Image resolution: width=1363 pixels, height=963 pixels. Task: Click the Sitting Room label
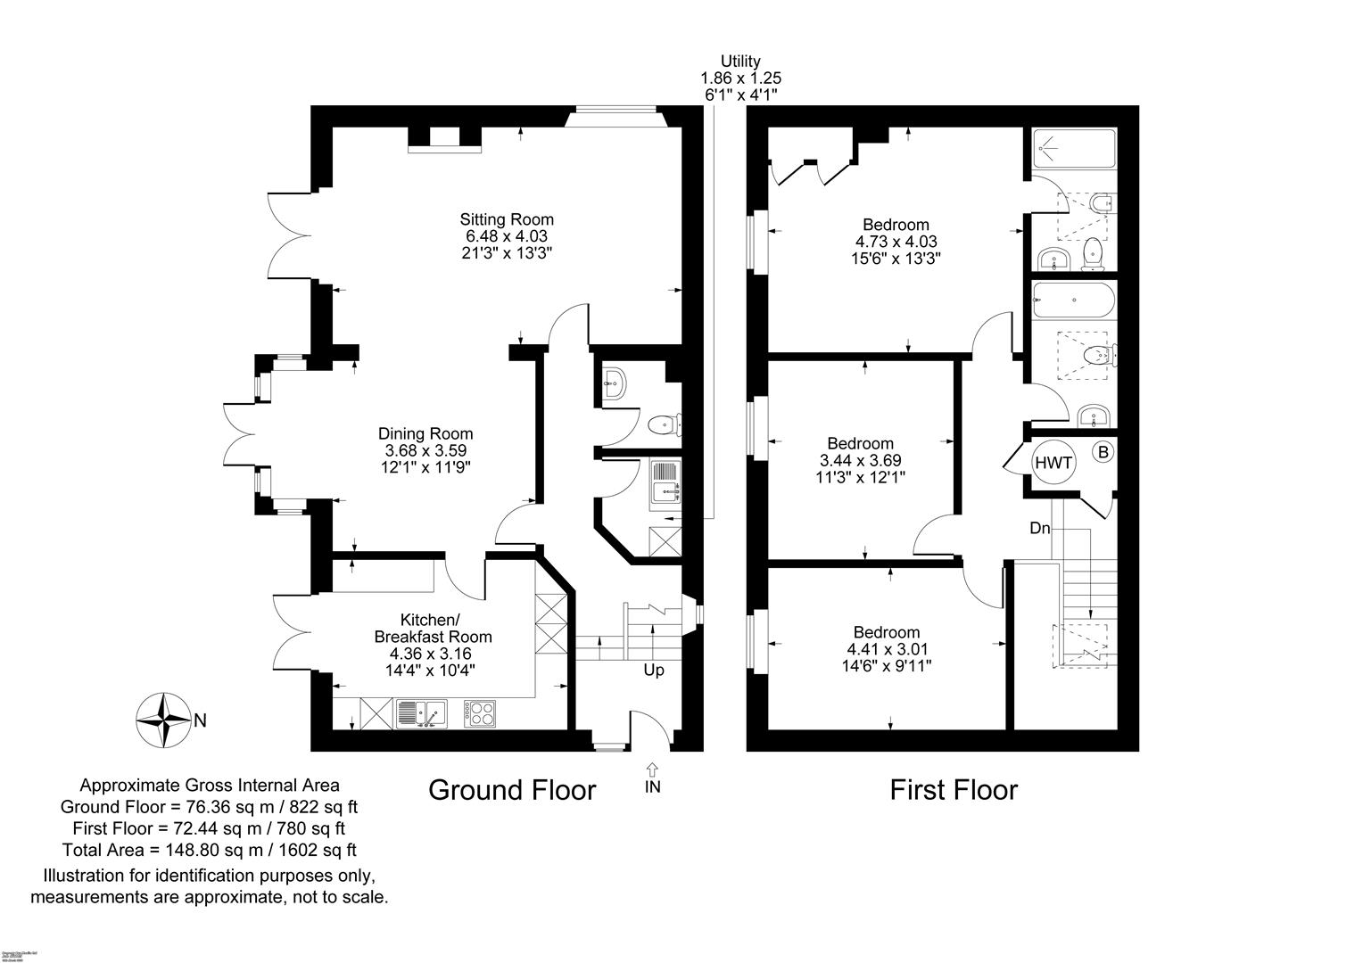point(506,219)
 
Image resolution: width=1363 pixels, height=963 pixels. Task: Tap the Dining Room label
point(425,434)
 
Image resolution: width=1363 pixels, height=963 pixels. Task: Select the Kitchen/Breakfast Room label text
point(433,629)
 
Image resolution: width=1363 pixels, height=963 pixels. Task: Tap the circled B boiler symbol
point(1103,453)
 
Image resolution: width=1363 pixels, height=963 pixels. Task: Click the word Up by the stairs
point(654,671)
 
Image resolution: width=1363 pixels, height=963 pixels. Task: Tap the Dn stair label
point(1040,529)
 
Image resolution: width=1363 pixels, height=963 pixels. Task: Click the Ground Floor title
point(512,790)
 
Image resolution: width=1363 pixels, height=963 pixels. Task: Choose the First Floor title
point(953,790)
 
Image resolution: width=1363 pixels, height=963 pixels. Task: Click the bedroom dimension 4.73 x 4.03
point(896,242)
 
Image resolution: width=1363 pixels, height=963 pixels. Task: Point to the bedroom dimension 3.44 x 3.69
point(860,461)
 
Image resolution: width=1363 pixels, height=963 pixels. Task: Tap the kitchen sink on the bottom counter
point(421,713)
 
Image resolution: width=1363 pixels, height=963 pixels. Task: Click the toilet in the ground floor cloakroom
point(664,424)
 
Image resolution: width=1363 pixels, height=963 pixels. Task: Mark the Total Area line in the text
point(210,850)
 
